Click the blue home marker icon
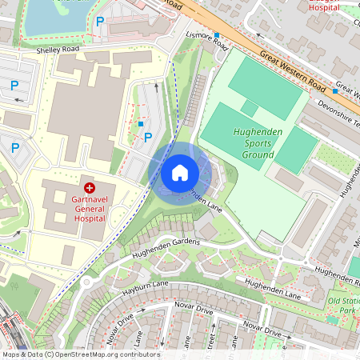pyautogui.click(x=180, y=173)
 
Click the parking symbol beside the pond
pyautogui.click(x=100, y=23)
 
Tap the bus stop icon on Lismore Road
pyautogui.click(x=217, y=35)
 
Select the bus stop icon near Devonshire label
pyautogui.click(x=334, y=91)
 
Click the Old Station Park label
pyautogui.click(x=343, y=304)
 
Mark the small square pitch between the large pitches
pyautogui.click(x=250, y=109)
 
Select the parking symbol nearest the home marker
pyautogui.click(x=148, y=137)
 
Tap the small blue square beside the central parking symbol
pyautogui.click(x=142, y=124)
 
